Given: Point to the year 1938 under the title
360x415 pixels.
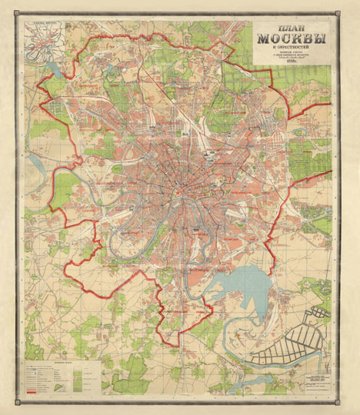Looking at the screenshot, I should pyautogui.click(x=290, y=68).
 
